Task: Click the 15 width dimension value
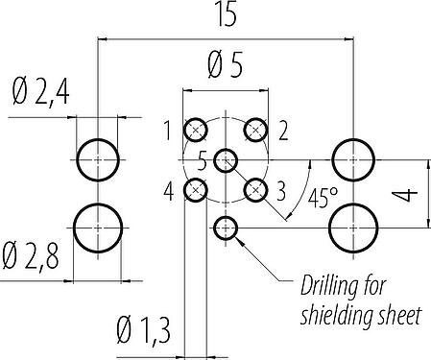click(x=227, y=13)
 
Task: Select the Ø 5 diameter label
click(x=226, y=65)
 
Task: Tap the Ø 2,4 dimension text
click(x=41, y=92)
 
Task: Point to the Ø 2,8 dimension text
click(x=31, y=256)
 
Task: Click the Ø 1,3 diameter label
click(x=143, y=329)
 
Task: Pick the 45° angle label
click(x=323, y=198)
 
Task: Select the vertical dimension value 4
click(x=405, y=194)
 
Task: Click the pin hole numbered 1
click(x=196, y=130)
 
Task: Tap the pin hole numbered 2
click(x=255, y=130)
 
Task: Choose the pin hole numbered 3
click(x=255, y=190)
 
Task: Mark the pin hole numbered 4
click(x=196, y=190)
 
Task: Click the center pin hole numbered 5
click(x=226, y=160)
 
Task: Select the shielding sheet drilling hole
click(x=226, y=228)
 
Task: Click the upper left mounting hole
click(x=98, y=160)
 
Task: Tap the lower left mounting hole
click(x=98, y=228)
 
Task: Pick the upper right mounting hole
click(x=353, y=160)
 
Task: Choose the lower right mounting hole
click(x=353, y=228)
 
